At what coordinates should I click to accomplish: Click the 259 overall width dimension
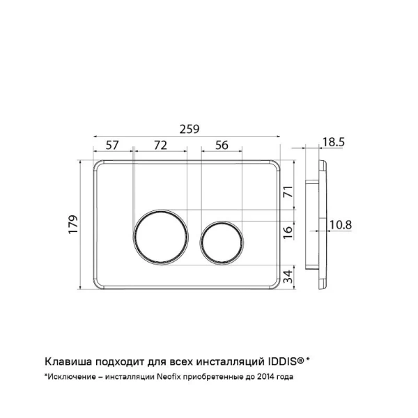(x=190, y=129)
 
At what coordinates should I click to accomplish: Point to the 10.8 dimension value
(x=340, y=224)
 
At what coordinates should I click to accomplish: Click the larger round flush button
(x=159, y=235)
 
